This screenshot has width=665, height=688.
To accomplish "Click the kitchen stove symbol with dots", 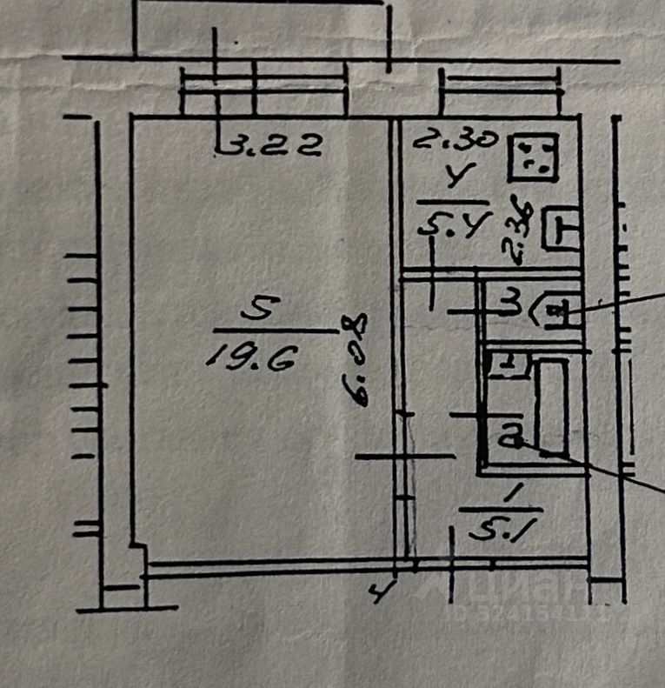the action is pyautogui.click(x=532, y=157).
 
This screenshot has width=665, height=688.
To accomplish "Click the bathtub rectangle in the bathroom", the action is pyautogui.click(x=551, y=406).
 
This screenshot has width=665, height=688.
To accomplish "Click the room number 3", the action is pyautogui.click(x=513, y=304).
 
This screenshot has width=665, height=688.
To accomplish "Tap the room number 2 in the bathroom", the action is pyautogui.click(x=509, y=434).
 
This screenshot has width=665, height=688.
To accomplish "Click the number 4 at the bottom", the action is pyautogui.click(x=379, y=594).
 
